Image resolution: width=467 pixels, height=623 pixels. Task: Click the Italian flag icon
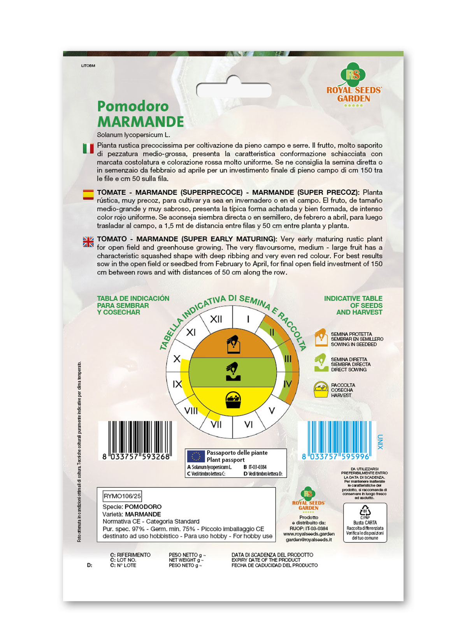click(88, 148)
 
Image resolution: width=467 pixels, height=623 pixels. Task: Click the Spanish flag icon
click(88, 194)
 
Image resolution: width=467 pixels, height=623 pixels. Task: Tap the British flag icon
click(88, 242)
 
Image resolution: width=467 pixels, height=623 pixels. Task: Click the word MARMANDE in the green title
click(140, 122)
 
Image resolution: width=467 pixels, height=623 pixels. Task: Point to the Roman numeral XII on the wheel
click(216, 319)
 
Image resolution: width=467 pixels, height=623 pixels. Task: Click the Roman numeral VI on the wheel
click(248, 424)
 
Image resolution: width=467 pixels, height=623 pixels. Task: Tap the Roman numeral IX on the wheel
click(177, 384)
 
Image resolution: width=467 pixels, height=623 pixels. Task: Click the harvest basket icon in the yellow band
click(233, 400)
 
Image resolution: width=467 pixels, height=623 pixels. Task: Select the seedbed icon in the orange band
click(233, 344)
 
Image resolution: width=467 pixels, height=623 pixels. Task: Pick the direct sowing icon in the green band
click(233, 371)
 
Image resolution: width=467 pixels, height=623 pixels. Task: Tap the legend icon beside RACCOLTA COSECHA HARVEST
click(321, 389)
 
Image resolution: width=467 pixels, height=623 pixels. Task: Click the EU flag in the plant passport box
click(196, 456)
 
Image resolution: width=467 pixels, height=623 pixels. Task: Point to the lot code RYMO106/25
click(122, 496)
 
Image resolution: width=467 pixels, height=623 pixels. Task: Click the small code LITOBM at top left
click(88, 66)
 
